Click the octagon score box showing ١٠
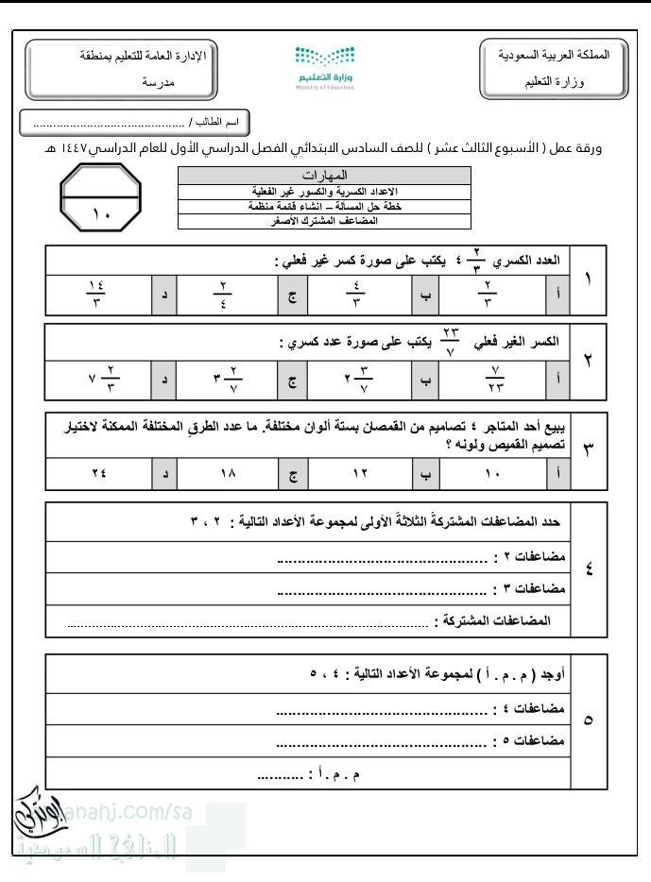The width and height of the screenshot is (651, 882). pos(100,200)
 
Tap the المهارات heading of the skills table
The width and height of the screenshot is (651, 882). pos(324,175)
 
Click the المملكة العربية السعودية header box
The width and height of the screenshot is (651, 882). pos(553,68)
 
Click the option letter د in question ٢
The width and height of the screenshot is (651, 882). pos(166,378)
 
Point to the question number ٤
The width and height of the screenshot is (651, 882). pos(590,569)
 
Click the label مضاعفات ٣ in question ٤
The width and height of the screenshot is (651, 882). pos(530,589)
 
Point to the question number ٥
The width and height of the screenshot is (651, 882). pos(590,720)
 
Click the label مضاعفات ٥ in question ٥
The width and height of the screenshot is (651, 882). pos(530,739)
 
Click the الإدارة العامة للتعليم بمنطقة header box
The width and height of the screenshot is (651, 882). pos(117,68)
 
